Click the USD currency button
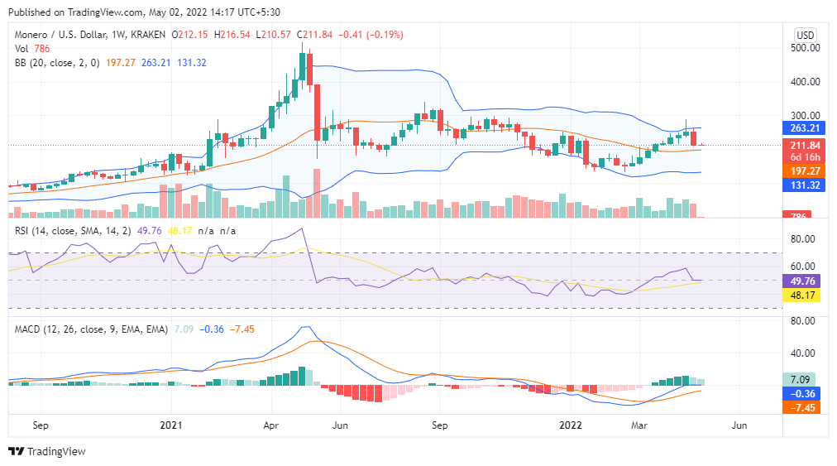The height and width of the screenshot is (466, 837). pos(806,35)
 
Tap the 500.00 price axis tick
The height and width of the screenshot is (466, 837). pos(806,48)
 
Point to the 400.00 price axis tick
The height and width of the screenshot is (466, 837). pos(806,82)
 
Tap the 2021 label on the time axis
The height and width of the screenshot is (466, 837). pos(170,425)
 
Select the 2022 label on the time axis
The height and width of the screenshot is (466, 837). pos(570,425)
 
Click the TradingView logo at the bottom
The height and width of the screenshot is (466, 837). pos(47,451)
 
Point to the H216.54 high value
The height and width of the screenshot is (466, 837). pos(233,35)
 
